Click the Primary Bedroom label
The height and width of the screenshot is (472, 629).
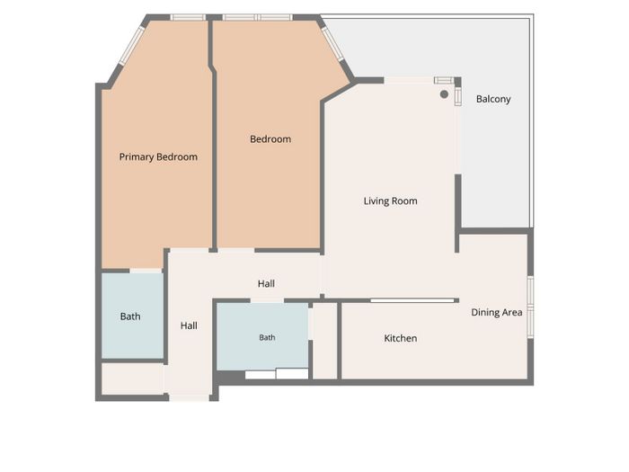(x=158, y=157)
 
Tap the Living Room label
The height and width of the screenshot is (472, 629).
(x=390, y=201)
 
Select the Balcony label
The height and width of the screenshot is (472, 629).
(x=493, y=99)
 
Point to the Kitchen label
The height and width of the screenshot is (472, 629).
(x=401, y=338)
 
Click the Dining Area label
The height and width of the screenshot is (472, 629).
(x=497, y=312)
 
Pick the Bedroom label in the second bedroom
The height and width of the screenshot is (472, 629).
(x=270, y=139)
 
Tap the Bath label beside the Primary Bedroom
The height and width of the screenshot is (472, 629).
(x=130, y=316)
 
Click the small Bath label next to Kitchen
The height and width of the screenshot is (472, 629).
(x=267, y=337)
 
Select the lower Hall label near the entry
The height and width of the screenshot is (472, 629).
(x=189, y=325)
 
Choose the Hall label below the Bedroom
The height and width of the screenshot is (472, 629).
(x=266, y=284)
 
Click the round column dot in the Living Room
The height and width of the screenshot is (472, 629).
(x=444, y=94)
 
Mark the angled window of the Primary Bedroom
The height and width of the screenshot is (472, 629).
(x=131, y=46)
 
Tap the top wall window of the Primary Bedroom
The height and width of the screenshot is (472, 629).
(x=188, y=17)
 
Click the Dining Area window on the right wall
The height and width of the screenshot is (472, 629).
(x=530, y=307)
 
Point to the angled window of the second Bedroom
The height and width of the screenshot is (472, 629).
(x=332, y=44)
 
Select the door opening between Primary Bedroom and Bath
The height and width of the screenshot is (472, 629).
(x=146, y=271)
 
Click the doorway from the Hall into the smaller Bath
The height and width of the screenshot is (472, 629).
(x=267, y=300)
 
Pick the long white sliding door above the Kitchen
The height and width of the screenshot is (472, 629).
(x=412, y=300)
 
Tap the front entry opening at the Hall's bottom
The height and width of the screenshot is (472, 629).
(x=190, y=397)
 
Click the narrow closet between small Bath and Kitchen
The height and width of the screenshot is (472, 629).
(x=325, y=341)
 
